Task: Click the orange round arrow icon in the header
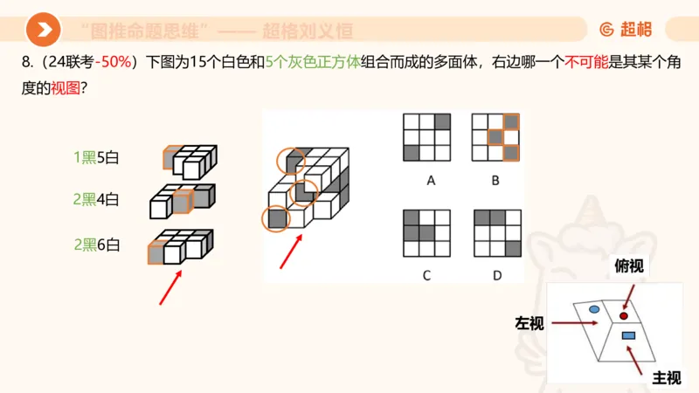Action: pos(43,31)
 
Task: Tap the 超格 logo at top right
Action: pos(626,30)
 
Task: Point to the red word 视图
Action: pos(66,87)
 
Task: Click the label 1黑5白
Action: pos(96,158)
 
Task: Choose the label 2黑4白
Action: pos(96,199)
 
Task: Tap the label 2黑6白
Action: pos(96,245)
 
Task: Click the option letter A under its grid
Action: pos(430,181)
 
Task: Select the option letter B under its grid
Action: pos(495,181)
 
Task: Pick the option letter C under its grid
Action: pos(426,275)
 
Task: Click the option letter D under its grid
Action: pos(496,275)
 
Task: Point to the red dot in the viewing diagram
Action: pos(624,315)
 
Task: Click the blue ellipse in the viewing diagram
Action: pos(594,309)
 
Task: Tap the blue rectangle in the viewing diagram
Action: pos(627,335)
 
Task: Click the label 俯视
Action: pos(629,266)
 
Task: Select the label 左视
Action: pos(529,324)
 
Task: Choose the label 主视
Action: pos(667,377)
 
